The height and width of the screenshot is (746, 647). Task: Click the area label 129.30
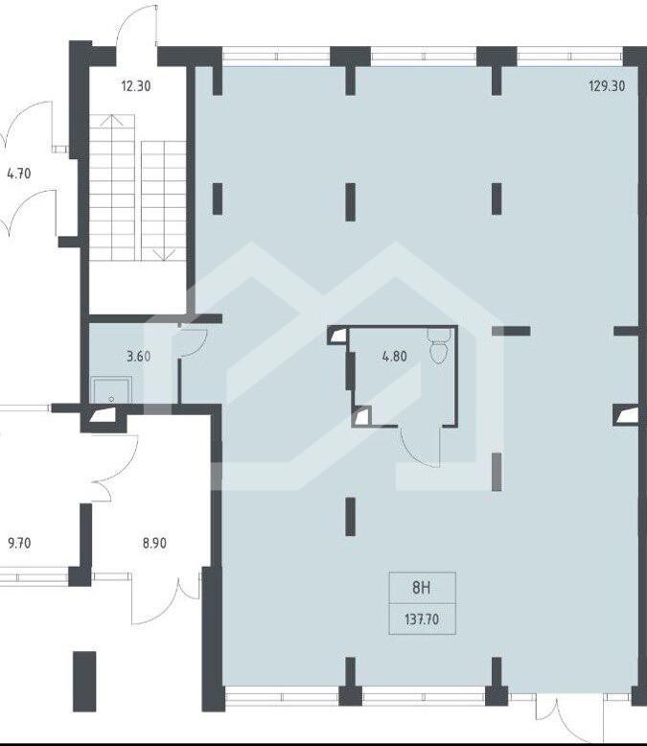[607, 86]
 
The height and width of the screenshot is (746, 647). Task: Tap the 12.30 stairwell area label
[136, 86]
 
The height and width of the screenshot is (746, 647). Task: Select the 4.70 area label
[19, 174]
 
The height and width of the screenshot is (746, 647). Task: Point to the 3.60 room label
[138, 356]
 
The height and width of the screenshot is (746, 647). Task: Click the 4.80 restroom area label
[394, 356]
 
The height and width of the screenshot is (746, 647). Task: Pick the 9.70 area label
[19, 543]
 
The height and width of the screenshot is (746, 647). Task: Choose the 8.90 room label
[154, 543]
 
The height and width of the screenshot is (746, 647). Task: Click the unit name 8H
[422, 588]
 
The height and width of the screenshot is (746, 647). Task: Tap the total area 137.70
[422, 619]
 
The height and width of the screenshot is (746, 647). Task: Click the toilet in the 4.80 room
[439, 345]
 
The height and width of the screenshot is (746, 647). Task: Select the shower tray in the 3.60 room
[111, 391]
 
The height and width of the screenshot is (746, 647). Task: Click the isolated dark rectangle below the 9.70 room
[84, 682]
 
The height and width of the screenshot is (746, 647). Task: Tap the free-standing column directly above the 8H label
[351, 517]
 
